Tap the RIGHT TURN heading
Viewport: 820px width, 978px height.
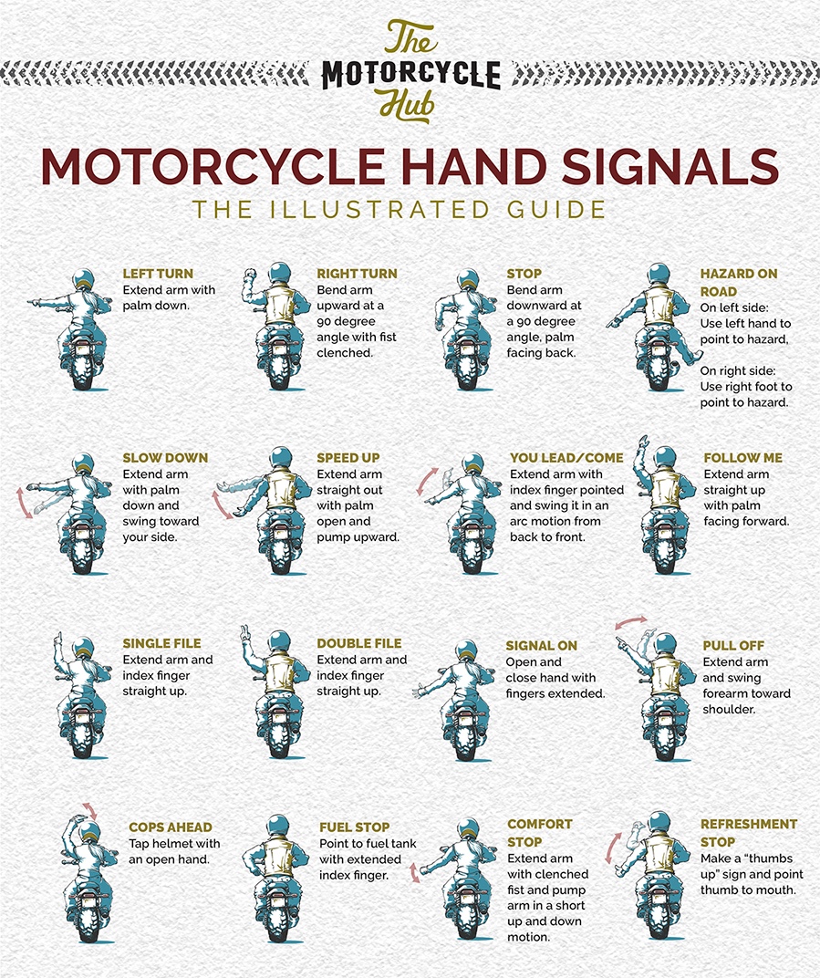357,274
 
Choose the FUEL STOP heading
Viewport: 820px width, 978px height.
355,827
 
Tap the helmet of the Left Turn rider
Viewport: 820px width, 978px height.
83,280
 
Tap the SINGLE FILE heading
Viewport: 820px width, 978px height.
161,643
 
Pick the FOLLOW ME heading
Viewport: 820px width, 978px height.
742,458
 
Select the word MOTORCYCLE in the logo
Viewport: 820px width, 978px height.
410,74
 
